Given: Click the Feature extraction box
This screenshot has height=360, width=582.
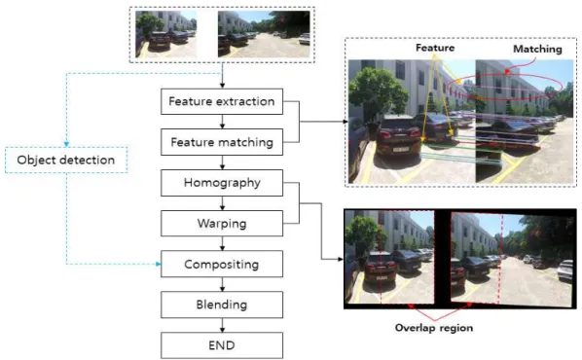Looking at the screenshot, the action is pyautogui.click(x=222, y=101).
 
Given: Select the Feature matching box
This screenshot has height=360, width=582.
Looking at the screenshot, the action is pyautogui.click(x=222, y=142).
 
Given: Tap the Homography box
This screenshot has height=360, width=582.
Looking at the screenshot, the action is pyautogui.click(x=222, y=183).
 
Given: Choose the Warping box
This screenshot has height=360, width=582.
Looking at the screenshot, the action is pyautogui.click(x=222, y=224).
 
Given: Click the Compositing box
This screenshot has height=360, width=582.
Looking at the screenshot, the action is pyautogui.click(x=222, y=264).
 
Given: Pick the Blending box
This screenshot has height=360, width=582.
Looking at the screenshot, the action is pyautogui.click(x=222, y=305).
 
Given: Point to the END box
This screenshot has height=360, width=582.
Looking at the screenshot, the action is pyautogui.click(x=222, y=345).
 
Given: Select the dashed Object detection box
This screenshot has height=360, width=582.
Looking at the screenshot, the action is pyautogui.click(x=66, y=160).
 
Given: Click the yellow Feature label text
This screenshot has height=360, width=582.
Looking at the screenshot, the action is pyautogui.click(x=435, y=48).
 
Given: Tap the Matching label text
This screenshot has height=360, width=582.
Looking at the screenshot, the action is pyautogui.click(x=537, y=49).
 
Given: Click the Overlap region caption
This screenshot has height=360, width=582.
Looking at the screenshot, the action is pyautogui.click(x=434, y=328).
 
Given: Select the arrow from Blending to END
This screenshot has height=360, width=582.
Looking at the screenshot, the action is pyautogui.click(x=222, y=325).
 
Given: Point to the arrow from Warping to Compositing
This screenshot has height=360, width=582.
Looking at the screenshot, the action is pyautogui.click(x=222, y=243).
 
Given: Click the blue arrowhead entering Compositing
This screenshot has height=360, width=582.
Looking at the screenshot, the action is pyautogui.click(x=159, y=264).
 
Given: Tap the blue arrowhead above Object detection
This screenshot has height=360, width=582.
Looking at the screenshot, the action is pyautogui.click(x=66, y=144).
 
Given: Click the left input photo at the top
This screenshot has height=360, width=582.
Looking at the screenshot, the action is pyautogui.click(x=165, y=34).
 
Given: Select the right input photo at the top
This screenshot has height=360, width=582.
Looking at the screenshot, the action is pyautogui.click(x=264, y=34).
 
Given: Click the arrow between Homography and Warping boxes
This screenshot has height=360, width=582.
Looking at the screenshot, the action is pyautogui.click(x=222, y=203).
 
